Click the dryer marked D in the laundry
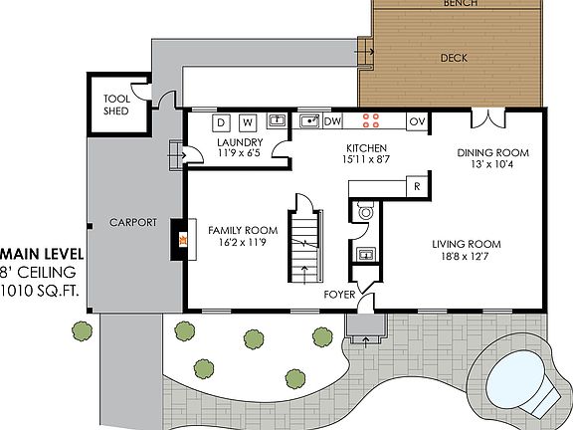pos(222,122)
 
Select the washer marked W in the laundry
pos(247,122)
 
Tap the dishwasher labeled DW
pos(334,121)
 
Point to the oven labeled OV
pos(418,121)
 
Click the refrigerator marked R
pos(417,186)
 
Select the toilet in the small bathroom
pos(364,212)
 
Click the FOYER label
pos(339,296)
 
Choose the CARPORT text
pos(132,222)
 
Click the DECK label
pos(454,58)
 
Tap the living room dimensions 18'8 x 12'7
pos(466,256)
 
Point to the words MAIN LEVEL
pos(42,255)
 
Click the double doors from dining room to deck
pos(486,118)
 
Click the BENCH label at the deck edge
pos(460,4)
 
